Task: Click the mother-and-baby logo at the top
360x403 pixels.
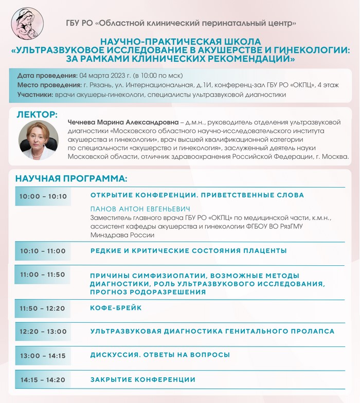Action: click(27, 23)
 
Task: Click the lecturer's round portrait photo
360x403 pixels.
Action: click(39, 140)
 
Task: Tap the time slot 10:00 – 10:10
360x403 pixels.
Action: click(43, 196)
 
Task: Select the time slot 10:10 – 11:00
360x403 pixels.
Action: click(43, 251)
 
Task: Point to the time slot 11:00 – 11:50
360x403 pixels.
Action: click(43, 274)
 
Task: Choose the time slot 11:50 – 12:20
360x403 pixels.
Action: click(43, 308)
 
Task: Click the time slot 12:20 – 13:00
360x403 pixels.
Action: click(43, 332)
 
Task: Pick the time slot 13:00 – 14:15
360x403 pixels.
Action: click(43, 356)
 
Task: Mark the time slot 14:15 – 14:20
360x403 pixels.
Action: click(43, 380)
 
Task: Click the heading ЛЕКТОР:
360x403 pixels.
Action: click(37, 114)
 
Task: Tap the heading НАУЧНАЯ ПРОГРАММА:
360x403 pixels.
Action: click(71, 179)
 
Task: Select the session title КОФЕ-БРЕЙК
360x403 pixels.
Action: click(116, 308)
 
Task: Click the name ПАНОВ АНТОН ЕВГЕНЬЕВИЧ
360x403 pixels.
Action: click(140, 209)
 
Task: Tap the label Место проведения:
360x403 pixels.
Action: click(49, 84)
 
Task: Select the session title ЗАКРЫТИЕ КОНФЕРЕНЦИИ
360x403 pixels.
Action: click(143, 380)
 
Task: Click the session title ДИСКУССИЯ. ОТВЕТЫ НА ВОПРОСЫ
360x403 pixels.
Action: click(160, 355)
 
